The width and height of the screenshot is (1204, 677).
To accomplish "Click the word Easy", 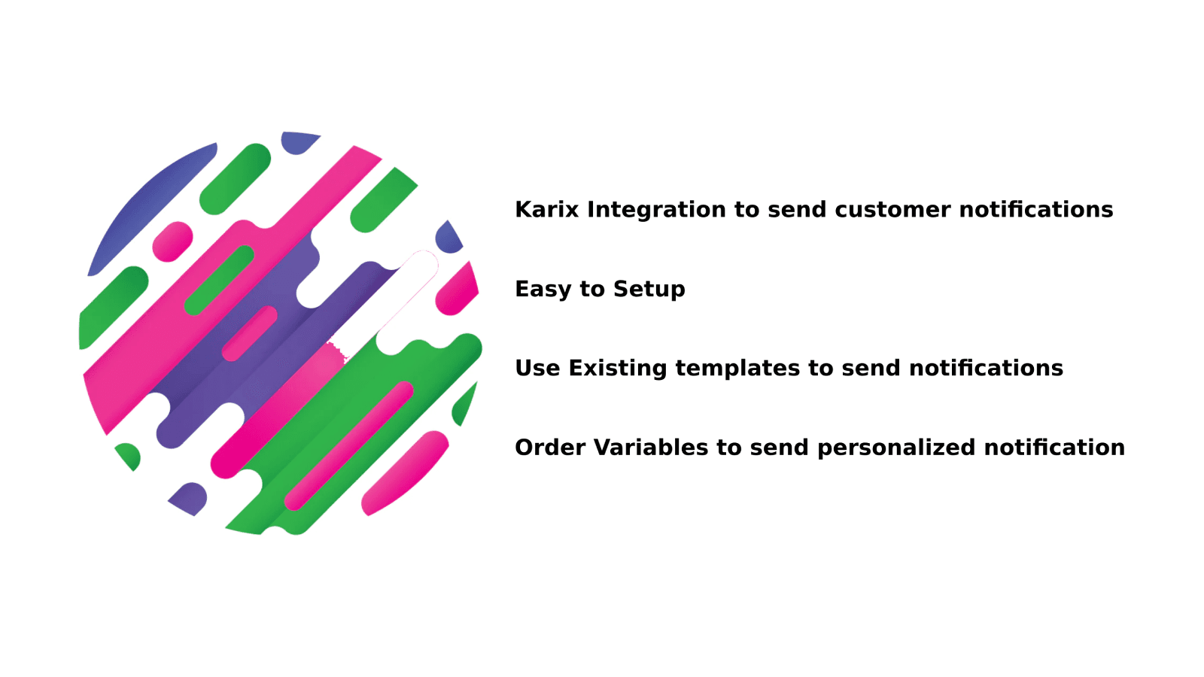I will coord(543,289).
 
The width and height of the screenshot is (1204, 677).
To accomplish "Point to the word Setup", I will coord(649,289).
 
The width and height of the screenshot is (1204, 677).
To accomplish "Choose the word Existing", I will coord(617,368).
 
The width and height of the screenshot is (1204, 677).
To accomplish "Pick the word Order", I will coord(550,448).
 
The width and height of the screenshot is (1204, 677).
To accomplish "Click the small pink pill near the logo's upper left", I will coord(172,241).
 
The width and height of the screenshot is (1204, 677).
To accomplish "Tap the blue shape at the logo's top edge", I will coord(299,142).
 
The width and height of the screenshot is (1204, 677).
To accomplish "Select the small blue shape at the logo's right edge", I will coord(448,238).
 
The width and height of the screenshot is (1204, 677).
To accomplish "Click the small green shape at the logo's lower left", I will coord(129,455).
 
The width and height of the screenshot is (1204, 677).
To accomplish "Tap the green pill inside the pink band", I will coord(219,280).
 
